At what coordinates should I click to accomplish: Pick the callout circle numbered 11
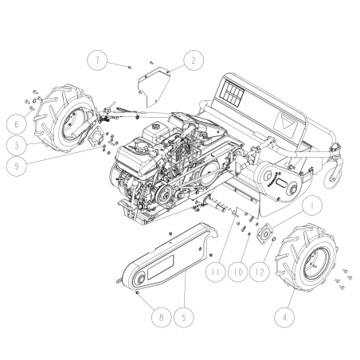coord(215,272)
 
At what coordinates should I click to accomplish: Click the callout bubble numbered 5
coord(186,317)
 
